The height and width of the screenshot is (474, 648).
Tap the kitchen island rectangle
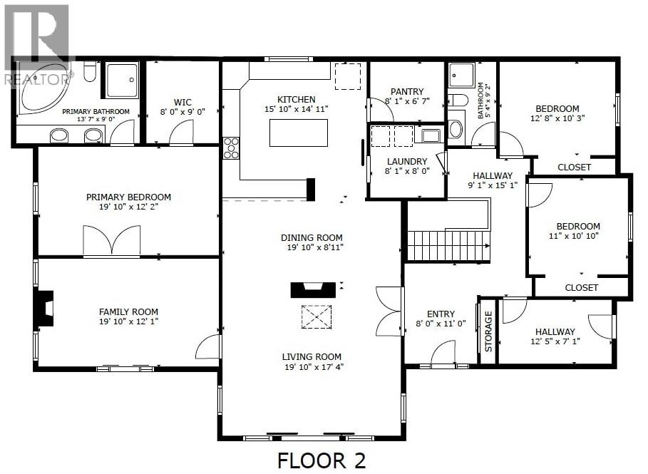pos(299,133)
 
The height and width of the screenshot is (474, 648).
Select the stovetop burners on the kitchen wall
pos(232,148)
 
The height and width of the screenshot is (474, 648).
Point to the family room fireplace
pos(45,308)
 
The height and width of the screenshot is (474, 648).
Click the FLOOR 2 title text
pos(322,460)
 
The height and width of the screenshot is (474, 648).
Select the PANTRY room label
pos(407,91)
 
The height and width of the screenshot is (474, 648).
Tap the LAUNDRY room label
pos(407,161)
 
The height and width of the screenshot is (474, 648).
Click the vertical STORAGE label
pos(488,331)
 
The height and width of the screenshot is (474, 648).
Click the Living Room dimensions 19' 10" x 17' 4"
pos(312,367)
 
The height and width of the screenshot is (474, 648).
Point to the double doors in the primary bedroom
pos(111,241)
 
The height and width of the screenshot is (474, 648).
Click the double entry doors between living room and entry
pos(390,311)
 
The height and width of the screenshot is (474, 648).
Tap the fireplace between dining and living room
pos(312,289)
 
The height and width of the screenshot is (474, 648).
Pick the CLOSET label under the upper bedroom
pos(574,167)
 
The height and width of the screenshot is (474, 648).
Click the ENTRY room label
pos(441,314)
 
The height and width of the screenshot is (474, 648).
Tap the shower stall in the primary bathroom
pos(123,80)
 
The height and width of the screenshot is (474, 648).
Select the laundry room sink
pos(430,135)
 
